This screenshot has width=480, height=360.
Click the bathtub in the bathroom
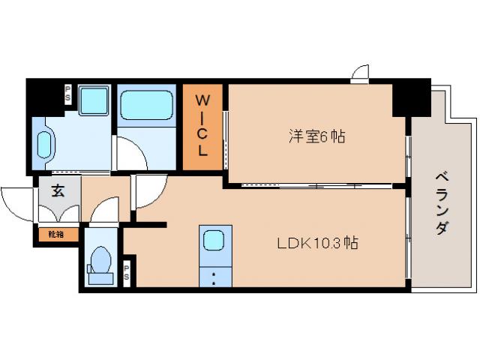pyautogui.click(x=147, y=106)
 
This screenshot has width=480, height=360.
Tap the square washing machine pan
pyautogui.click(x=94, y=100)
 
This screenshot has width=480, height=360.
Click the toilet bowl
pyautogui.click(x=100, y=262)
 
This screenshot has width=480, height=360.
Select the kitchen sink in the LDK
pyautogui.click(x=214, y=240)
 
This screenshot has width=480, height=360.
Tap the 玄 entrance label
pyautogui.click(x=58, y=190)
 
